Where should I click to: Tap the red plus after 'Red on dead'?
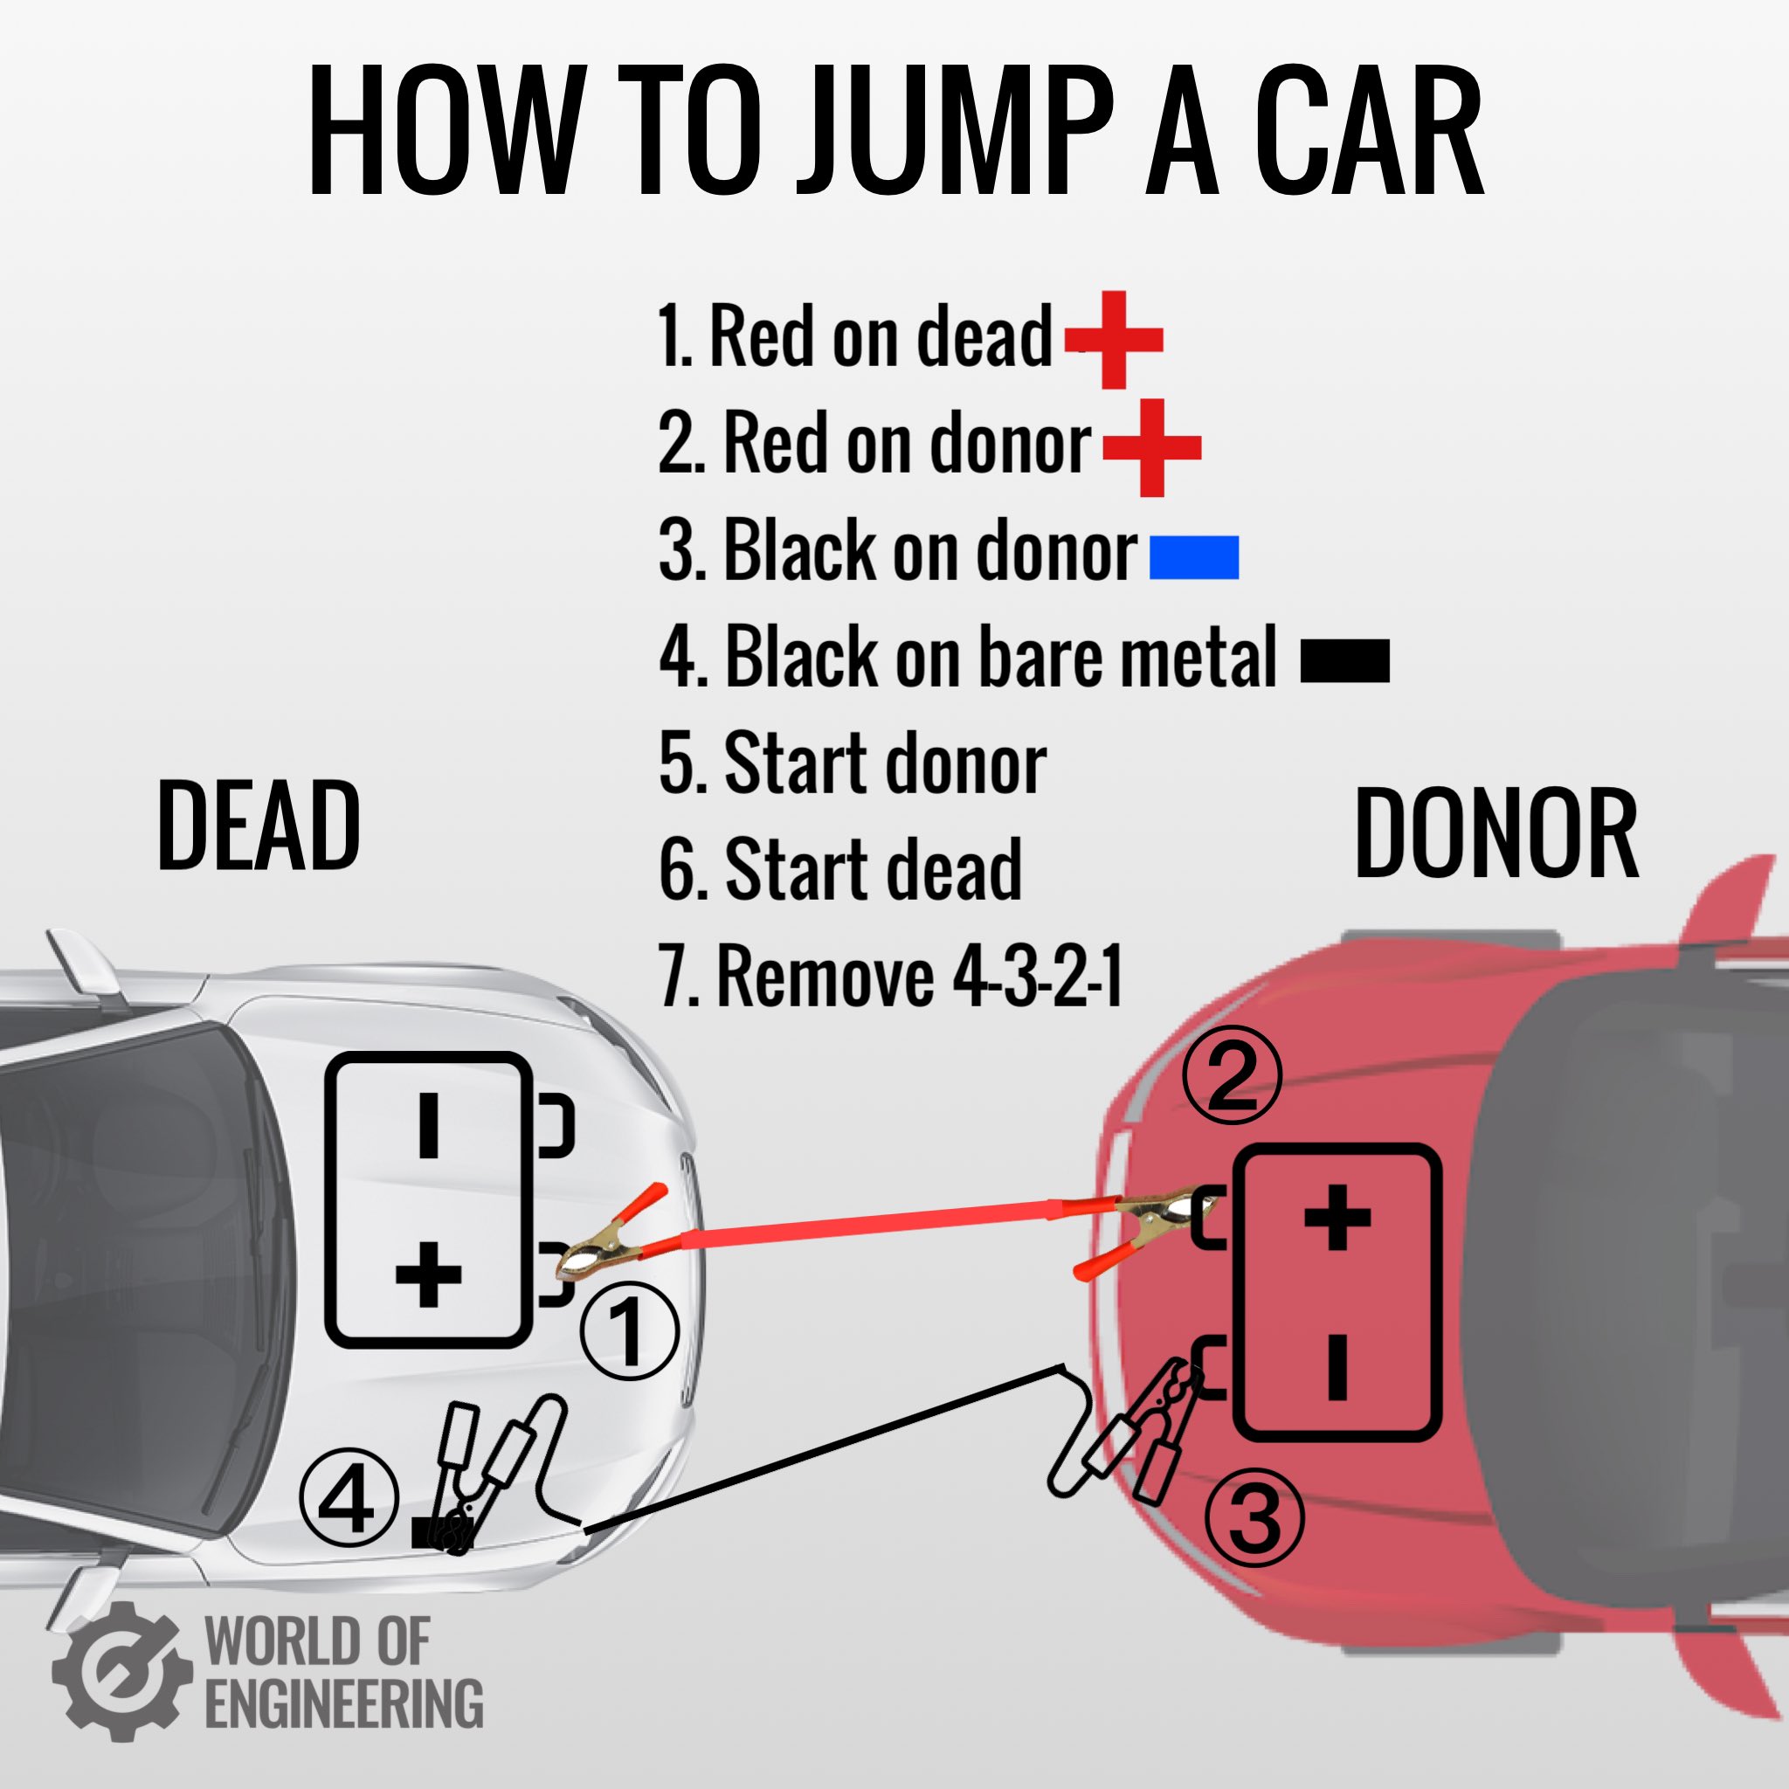pyautogui.click(x=1114, y=340)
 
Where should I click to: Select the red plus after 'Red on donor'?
pyautogui.click(x=1152, y=448)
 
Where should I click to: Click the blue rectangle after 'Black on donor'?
pyautogui.click(x=1193, y=557)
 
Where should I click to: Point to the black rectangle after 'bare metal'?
pyautogui.click(x=1344, y=661)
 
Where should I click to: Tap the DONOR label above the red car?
pyautogui.click(x=1495, y=833)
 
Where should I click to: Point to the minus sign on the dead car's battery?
pyautogui.click(x=428, y=1125)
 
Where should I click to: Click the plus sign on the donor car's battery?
pyautogui.click(x=1337, y=1217)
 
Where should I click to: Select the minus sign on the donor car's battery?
pyautogui.click(x=1337, y=1366)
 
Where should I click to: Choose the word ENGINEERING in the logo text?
pyautogui.click(x=343, y=1703)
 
